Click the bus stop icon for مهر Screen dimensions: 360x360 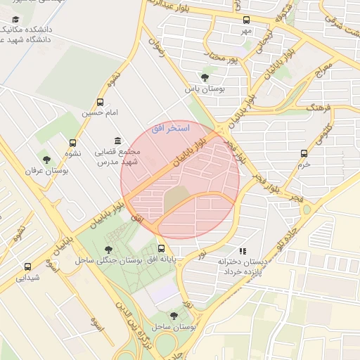point(246,20)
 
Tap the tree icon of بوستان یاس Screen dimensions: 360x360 point(205,77)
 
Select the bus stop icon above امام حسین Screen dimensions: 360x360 point(101,102)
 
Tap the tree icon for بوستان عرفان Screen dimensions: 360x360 point(46,160)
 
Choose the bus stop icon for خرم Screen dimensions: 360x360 point(304,153)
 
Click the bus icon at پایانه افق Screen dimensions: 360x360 point(162,249)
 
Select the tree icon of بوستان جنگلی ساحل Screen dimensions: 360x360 point(108,250)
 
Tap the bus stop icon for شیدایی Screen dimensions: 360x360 point(28,267)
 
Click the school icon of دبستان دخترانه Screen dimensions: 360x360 point(243,250)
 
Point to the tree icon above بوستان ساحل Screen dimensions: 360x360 point(174,316)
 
